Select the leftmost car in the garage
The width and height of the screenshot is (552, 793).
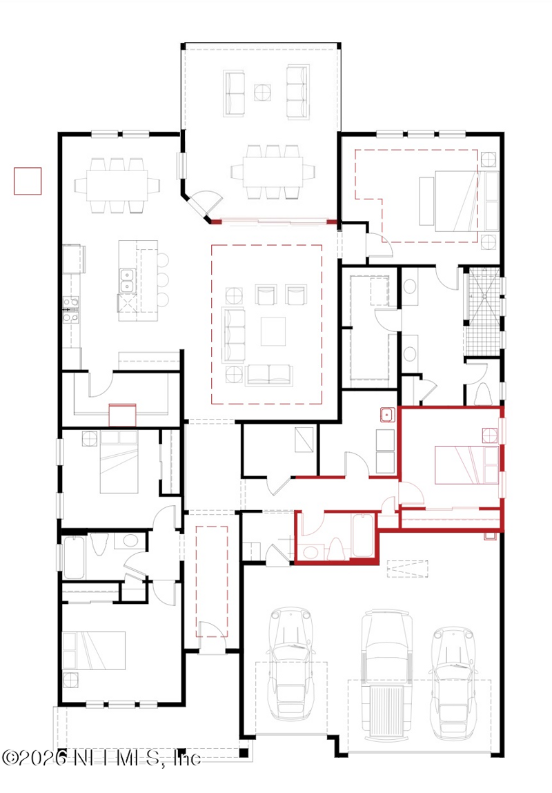(x=290, y=663)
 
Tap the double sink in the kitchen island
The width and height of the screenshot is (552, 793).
(x=127, y=281)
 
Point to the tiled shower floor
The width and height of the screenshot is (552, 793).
(x=483, y=311)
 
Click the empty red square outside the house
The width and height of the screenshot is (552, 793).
(x=28, y=181)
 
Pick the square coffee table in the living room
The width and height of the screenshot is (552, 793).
(x=273, y=331)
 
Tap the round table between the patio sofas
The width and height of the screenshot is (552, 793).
(x=262, y=92)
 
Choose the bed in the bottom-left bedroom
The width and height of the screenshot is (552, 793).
(x=94, y=650)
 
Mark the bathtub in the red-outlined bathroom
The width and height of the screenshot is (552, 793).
(x=362, y=536)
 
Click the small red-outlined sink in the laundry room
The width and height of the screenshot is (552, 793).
(x=387, y=415)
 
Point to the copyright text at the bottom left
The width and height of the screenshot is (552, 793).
(x=101, y=758)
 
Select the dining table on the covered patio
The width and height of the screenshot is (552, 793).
(x=273, y=172)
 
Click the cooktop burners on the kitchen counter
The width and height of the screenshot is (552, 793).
(x=70, y=309)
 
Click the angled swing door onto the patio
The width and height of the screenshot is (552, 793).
(x=207, y=202)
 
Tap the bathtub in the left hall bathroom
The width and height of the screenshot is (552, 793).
(x=75, y=558)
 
